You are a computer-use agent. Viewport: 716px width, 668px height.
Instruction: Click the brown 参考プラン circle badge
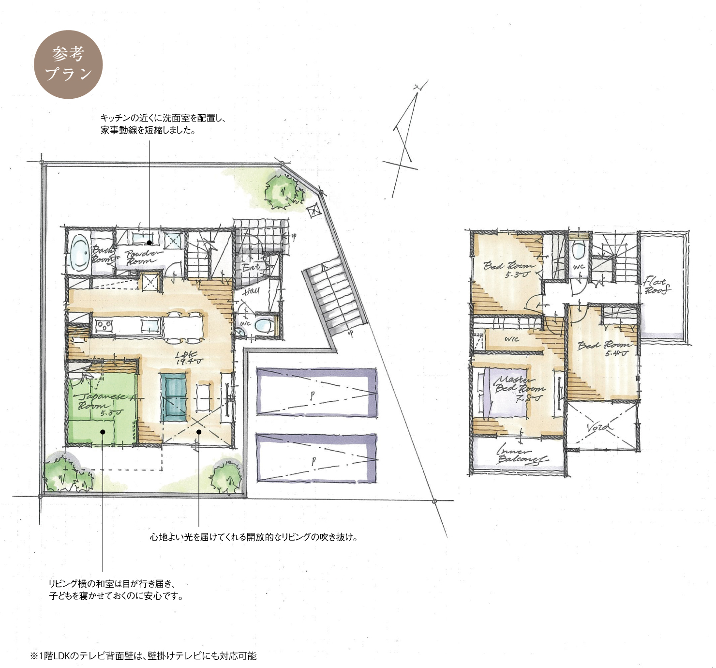(68, 64)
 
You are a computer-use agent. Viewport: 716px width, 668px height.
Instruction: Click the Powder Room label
(141, 257)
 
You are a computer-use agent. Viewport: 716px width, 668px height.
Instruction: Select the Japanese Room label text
(101, 403)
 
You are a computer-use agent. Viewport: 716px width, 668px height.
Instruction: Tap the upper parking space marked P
(316, 392)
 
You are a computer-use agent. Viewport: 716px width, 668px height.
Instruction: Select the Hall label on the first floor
(251, 291)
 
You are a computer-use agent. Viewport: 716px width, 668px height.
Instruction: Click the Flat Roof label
(656, 286)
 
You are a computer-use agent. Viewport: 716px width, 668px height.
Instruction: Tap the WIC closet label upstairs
(511, 339)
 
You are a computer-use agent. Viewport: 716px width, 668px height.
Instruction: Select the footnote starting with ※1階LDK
(143, 656)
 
